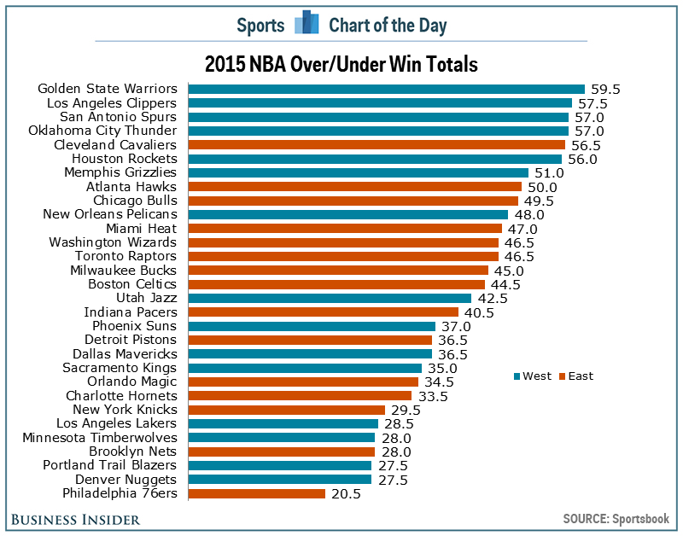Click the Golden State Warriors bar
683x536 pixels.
[x=386, y=89]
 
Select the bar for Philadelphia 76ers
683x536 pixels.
[x=256, y=493]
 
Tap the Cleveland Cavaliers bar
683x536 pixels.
[x=376, y=145]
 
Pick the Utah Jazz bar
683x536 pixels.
[x=330, y=298]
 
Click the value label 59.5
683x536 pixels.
[x=604, y=89]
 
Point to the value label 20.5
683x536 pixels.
[x=344, y=493]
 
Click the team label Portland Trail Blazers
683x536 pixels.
[x=110, y=465]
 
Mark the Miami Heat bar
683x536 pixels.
[x=345, y=229]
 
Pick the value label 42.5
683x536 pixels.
[x=491, y=298]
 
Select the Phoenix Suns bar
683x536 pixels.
[x=312, y=326]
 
